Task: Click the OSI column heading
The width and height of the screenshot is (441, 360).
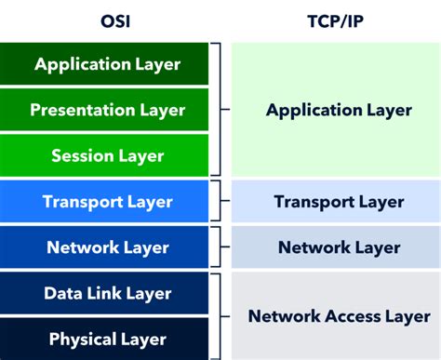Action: click(x=107, y=20)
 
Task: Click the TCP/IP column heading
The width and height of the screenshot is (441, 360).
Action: click(x=339, y=20)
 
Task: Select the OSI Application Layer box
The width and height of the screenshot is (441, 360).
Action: click(x=107, y=64)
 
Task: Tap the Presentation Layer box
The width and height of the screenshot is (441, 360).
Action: click(x=107, y=110)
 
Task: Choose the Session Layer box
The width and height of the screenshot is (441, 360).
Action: click(x=107, y=155)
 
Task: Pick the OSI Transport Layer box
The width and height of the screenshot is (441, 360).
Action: click(x=107, y=201)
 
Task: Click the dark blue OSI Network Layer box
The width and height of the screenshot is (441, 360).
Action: click(x=107, y=247)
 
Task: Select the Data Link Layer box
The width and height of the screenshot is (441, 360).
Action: click(x=107, y=293)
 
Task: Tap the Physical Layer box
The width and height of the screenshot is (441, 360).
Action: click(x=107, y=339)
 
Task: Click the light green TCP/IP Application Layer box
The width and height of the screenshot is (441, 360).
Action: click(x=339, y=110)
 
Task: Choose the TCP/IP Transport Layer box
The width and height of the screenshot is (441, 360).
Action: click(x=339, y=201)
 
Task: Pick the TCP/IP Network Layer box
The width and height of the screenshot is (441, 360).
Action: click(x=339, y=247)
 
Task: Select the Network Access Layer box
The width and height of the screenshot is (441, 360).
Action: click(x=339, y=315)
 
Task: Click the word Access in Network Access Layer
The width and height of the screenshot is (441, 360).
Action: click(x=339, y=315)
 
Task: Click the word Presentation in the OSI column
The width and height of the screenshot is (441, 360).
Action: click(x=82, y=110)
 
